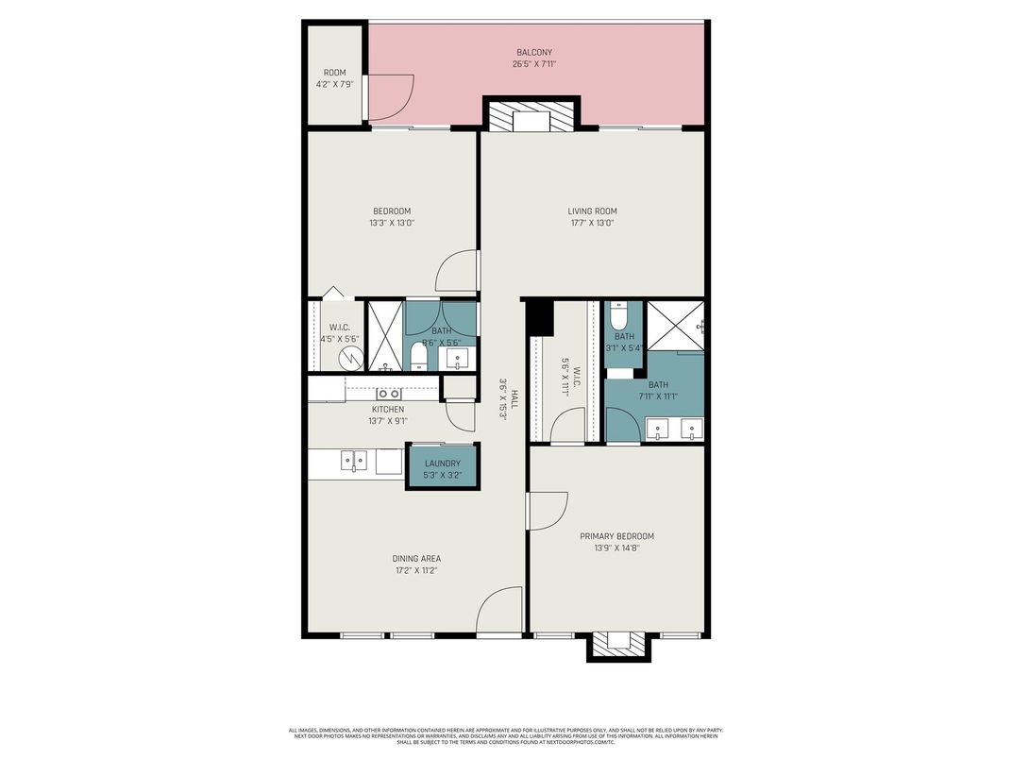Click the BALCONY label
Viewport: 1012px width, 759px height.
tap(533, 52)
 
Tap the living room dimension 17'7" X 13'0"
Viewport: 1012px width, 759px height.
tap(592, 224)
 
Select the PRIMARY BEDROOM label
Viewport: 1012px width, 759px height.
tap(616, 536)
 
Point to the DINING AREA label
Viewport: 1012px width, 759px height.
tap(416, 558)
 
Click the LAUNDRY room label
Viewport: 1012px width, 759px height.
tap(442, 464)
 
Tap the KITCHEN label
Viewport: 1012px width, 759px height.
tap(387, 410)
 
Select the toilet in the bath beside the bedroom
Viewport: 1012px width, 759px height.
tap(417, 357)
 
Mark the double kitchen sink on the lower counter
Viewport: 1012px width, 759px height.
tap(353, 462)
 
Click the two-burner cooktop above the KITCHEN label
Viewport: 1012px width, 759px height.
tap(387, 394)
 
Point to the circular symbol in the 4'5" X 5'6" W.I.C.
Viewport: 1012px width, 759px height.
tap(350, 359)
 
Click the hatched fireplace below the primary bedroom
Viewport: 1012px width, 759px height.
tap(618, 645)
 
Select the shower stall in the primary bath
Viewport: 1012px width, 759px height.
tap(675, 324)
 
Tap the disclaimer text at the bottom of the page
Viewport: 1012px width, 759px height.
tap(505, 735)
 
